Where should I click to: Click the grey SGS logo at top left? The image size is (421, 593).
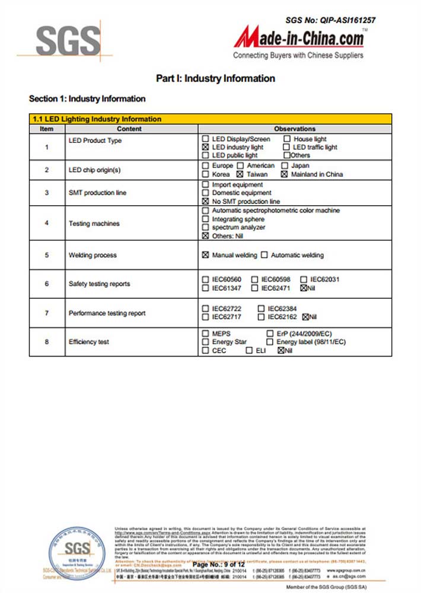pos(68,42)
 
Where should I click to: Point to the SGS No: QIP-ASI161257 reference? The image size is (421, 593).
pos(330,20)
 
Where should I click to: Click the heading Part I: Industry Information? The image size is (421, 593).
pos(215,78)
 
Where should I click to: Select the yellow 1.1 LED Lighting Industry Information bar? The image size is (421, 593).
pos(210,119)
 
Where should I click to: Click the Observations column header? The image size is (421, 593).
pos(295,129)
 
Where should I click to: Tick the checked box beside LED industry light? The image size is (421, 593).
pos(206,147)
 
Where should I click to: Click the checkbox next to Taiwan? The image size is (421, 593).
pos(240,174)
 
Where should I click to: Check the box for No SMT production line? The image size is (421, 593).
pos(206,202)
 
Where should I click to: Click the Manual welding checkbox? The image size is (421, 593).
pos(206,255)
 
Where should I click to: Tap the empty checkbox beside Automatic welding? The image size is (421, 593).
pos(264,255)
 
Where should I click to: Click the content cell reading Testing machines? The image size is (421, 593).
pos(94,224)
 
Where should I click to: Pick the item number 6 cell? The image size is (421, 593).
pos(47,284)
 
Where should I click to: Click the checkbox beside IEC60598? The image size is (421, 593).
pos(254,279)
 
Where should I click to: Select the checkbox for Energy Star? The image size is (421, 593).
pos(206,342)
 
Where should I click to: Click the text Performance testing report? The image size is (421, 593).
pos(107,313)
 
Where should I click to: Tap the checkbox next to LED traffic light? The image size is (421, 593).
pos(286,147)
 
